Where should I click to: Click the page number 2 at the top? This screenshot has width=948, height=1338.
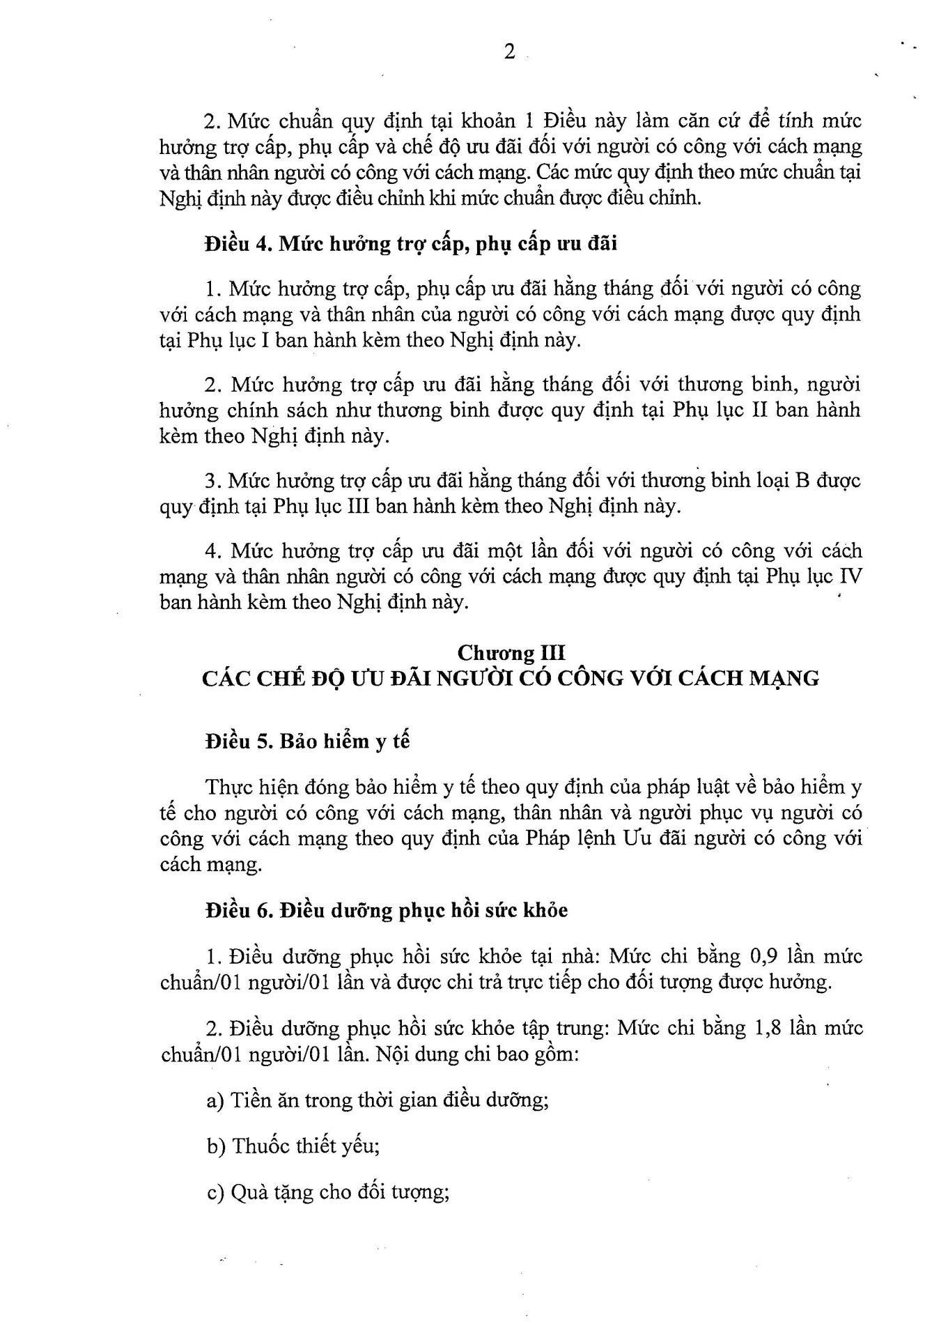pos(509,52)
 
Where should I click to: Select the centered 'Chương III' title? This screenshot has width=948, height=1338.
pos(511,653)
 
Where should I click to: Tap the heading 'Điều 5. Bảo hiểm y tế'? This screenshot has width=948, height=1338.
pos(307,741)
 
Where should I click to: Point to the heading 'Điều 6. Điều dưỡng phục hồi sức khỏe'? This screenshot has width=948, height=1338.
pos(387,910)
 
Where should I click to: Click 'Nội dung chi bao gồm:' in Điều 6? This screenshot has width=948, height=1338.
pos(478,1054)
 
